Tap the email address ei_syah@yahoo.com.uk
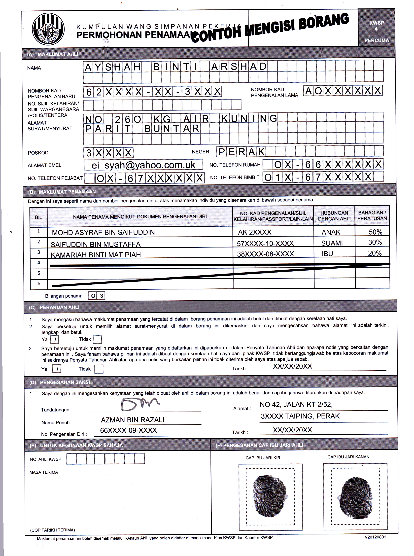pos(143,165)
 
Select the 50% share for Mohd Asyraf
pos(375,232)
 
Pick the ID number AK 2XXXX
pos(255,232)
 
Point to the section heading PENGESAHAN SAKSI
pos(65,382)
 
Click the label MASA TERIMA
pos(44,472)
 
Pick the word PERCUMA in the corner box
pos(376,40)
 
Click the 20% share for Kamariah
pos(375,253)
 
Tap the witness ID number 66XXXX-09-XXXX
pos(128,430)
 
